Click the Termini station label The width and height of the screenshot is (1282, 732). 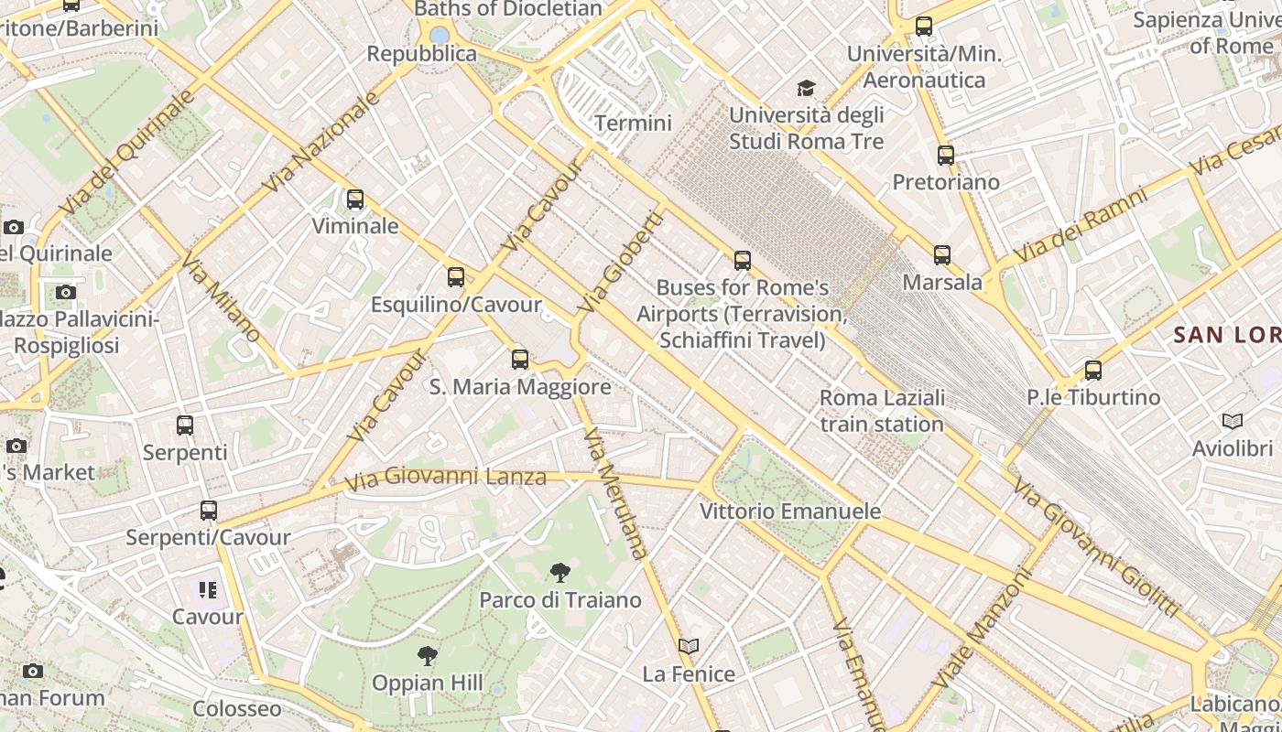click(633, 123)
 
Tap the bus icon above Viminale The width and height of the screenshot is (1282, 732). click(354, 199)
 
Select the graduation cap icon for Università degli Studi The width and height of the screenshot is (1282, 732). click(806, 88)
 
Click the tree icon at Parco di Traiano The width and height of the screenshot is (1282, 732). click(560, 573)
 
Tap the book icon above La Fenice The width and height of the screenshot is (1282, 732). click(689, 647)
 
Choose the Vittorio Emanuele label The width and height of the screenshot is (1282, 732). click(790, 511)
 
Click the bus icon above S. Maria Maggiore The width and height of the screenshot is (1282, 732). click(520, 360)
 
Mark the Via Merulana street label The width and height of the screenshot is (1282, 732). click(614, 492)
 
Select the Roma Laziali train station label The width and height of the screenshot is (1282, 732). click(882, 411)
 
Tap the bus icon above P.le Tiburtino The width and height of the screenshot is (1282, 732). click(1092, 371)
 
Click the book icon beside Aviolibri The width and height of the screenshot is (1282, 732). click(1233, 421)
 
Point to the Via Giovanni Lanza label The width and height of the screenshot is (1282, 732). click(446, 477)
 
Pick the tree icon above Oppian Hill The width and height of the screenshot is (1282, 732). click(427, 655)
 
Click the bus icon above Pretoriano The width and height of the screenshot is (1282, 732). click(946, 155)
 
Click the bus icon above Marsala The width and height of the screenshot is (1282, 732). click(942, 255)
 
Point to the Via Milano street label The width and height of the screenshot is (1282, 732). click(220, 299)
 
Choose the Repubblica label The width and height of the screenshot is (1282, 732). click(422, 54)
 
